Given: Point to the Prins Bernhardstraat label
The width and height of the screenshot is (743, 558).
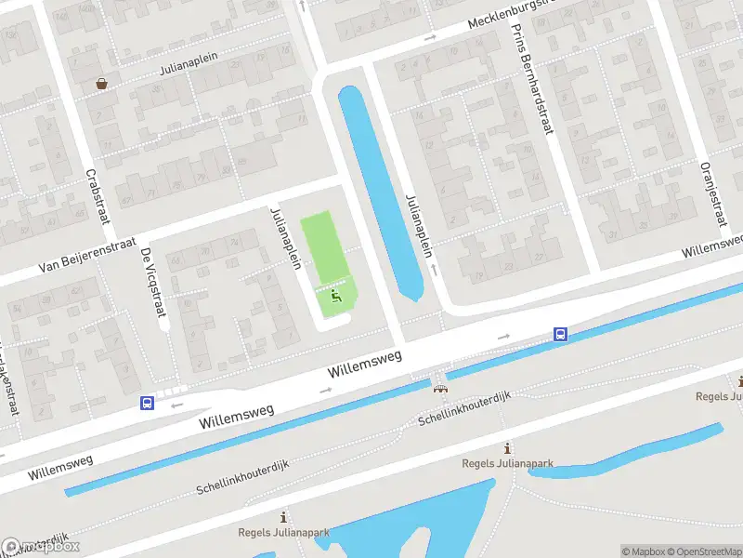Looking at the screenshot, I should pyautogui.click(x=532, y=78).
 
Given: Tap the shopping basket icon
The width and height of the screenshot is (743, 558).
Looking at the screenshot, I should pyautogui.click(x=100, y=84).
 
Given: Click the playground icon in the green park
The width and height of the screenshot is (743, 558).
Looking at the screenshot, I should pyautogui.click(x=336, y=296).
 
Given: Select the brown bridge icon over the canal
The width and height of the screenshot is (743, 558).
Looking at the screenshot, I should pyautogui.click(x=439, y=388).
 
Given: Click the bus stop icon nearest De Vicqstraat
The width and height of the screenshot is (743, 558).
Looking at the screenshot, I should pyautogui.click(x=147, y=403).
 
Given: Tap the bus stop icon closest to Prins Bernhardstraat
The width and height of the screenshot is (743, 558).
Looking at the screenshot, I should pyautogui.click(x=561, y=334).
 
